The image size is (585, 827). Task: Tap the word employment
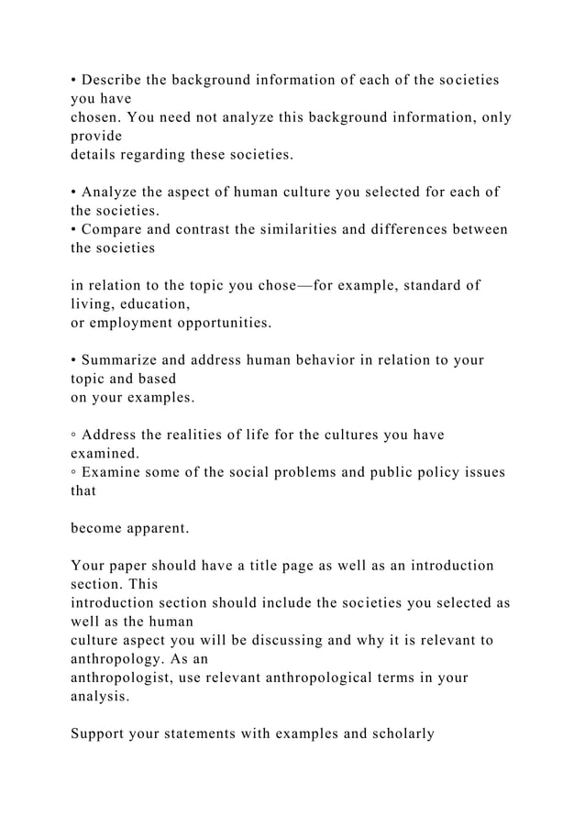point(136,322)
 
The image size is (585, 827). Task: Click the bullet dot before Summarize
point(73,359)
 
